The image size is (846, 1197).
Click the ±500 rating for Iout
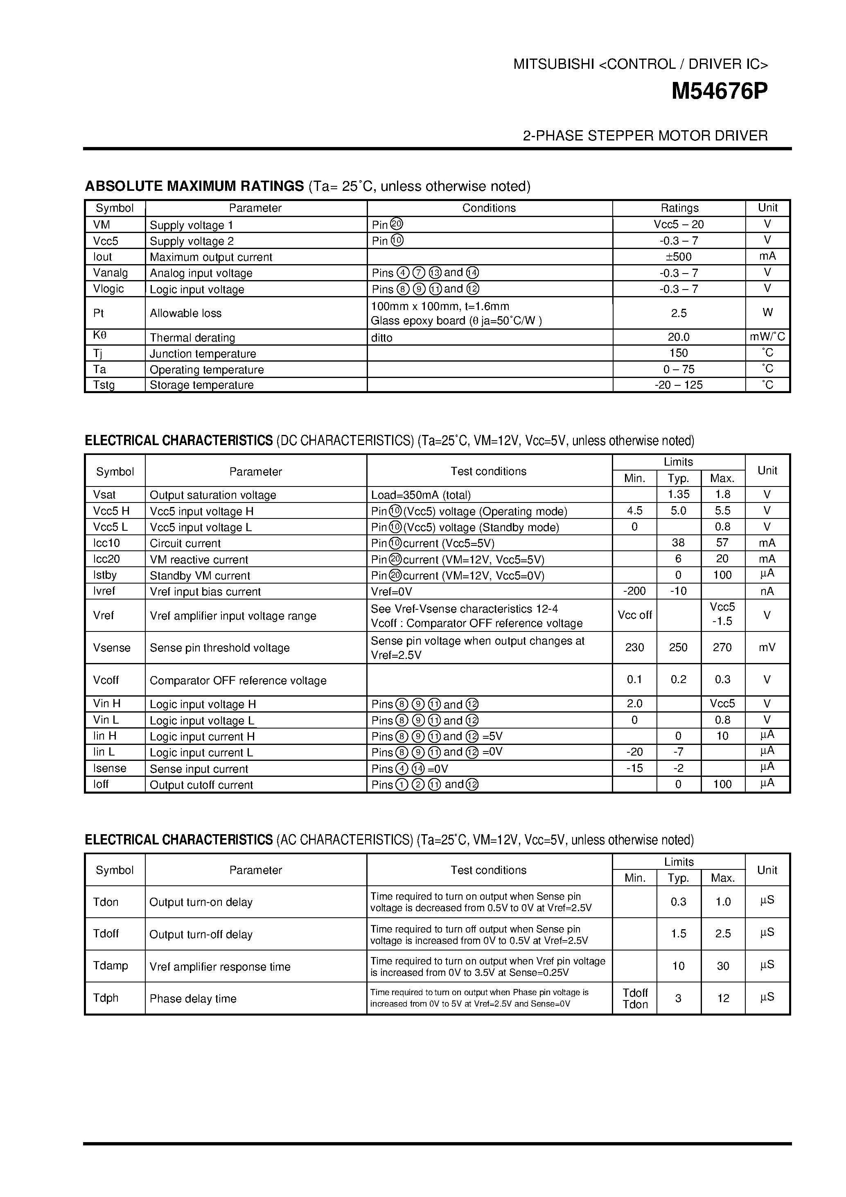click(x=678, y=256)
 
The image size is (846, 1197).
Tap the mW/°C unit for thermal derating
click(x=767, y=337)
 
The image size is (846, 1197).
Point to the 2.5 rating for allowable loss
click(x=678, y=313)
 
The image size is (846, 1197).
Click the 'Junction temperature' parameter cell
click(x=203, y=353)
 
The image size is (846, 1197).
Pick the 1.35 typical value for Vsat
click(x=678, y=494)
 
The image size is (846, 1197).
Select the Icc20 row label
click(x=106, y=559)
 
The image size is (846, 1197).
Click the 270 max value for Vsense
click(x=722, y=647)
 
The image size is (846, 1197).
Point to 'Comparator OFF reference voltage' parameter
click(x=238, y=680)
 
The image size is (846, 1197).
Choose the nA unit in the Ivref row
click(x=767, y=591)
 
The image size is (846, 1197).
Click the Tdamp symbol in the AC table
click(x=111, y=966)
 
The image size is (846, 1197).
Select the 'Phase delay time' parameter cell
click(x=193, y=998)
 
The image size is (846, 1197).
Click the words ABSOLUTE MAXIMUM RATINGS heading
click(x=194, y=186)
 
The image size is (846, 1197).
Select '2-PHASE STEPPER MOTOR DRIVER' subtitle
click(x=645, y=136)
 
